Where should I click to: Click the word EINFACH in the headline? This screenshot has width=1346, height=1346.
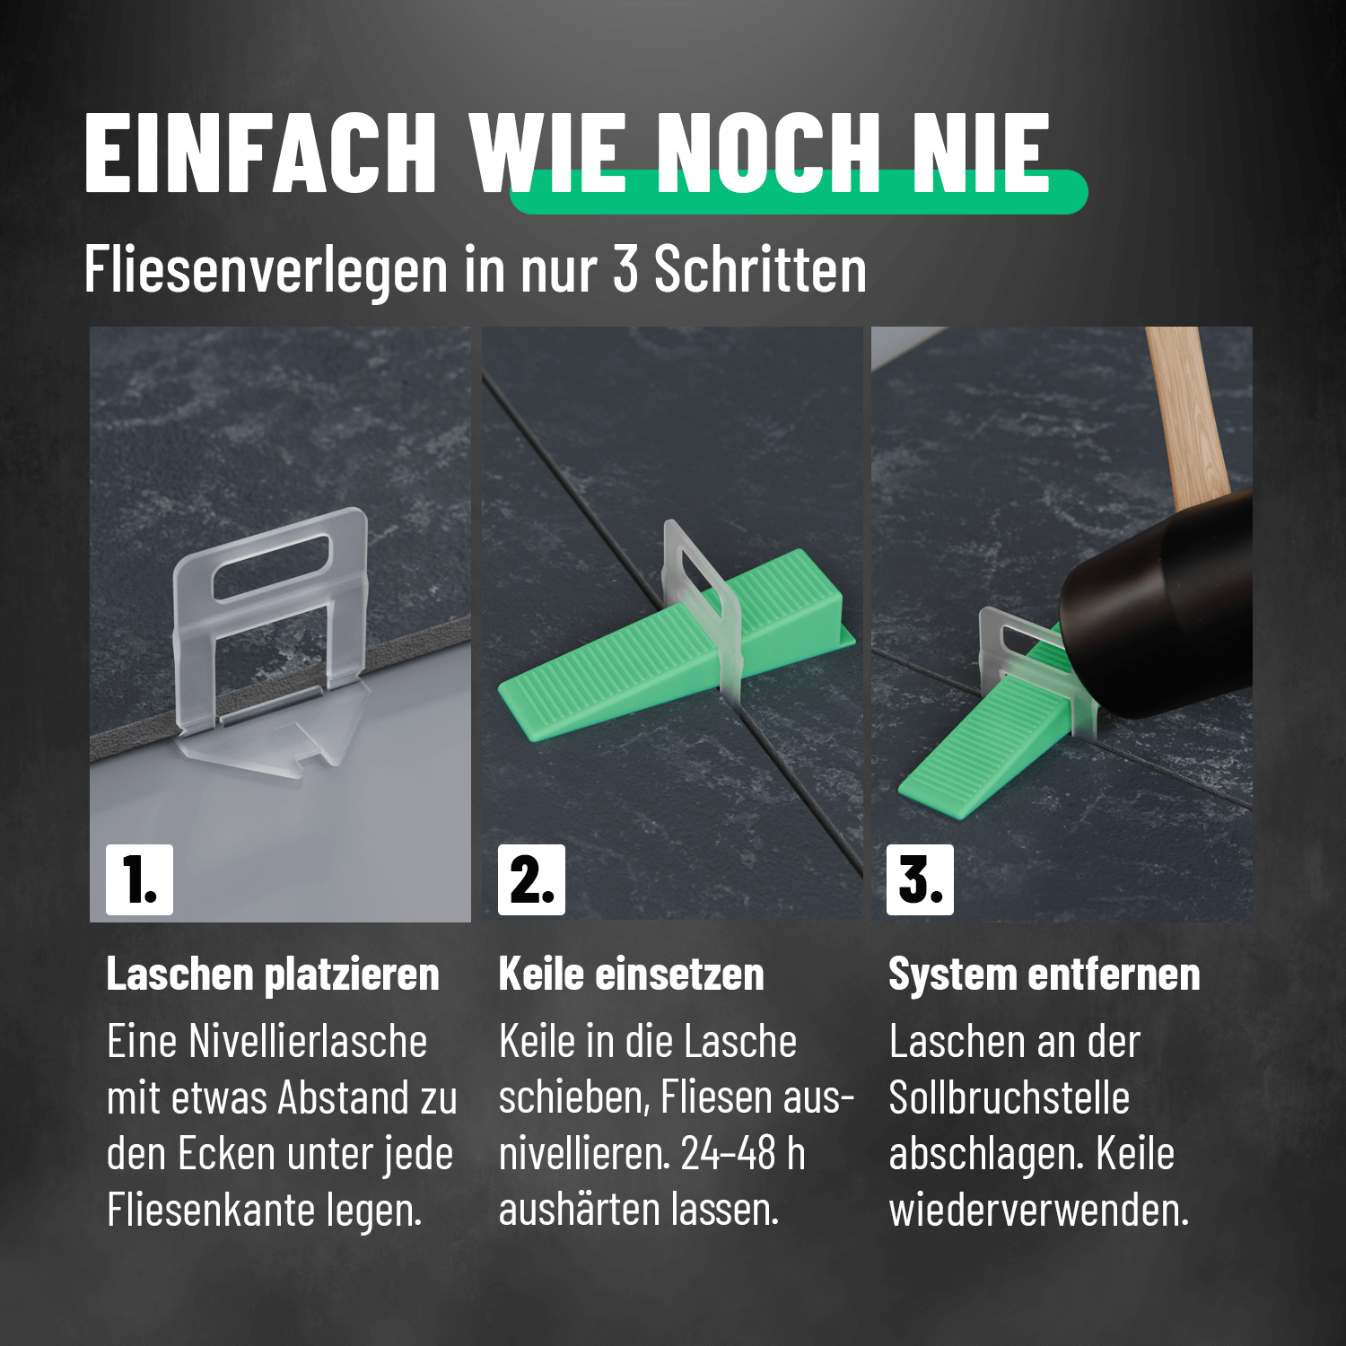tap(260, 153)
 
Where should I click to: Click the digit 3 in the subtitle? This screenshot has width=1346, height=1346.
tap(625, 268)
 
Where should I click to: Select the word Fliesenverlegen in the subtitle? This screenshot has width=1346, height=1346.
tap(266, 269)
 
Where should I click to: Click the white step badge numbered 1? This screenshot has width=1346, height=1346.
tap(139, 879)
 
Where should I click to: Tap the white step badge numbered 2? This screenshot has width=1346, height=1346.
tap(531, 879)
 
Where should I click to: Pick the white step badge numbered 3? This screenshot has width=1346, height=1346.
tap(920, 879)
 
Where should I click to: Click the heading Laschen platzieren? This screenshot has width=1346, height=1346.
tap(273, 975)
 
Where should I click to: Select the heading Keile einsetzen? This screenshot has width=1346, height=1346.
tap(631, 975)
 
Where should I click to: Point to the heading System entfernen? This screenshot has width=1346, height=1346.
tap(1044, 975)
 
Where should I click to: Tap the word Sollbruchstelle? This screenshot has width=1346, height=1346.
tap(1009, 1098)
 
